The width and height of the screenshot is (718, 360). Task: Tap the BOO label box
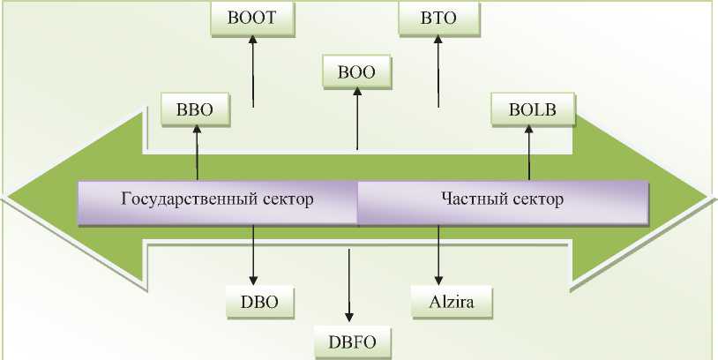pyautogui.click(x=356, y=73)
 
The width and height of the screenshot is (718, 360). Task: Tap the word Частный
pyautogui.click(x=468, y=199)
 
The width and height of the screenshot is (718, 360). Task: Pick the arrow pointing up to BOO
pyautogui.click(x=356, y=119)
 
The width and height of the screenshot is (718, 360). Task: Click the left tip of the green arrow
pyautogui.click(x=11, y=196)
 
